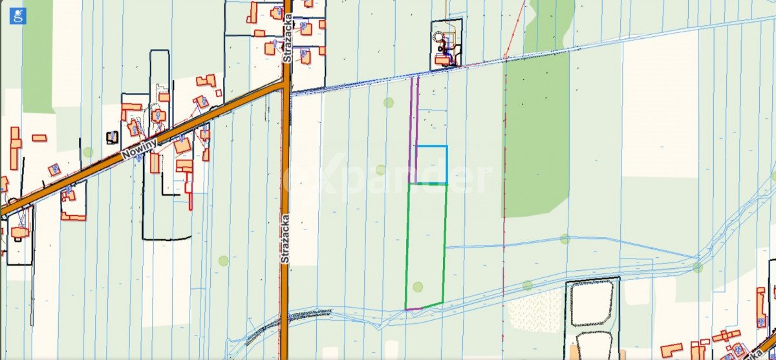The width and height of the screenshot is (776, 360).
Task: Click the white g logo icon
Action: (18, 16)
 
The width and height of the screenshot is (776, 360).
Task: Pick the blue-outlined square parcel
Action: (431, 164)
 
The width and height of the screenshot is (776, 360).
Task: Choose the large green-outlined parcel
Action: (426, 244)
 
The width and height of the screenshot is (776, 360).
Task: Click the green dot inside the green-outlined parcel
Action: (418, 286)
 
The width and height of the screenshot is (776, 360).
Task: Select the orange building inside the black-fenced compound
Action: (444, 61)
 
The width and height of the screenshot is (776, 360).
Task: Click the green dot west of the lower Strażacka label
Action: (223, 261)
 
